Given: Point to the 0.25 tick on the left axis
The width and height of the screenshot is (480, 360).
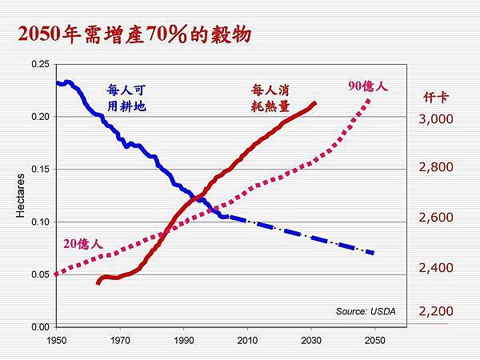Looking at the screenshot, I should [38, 64].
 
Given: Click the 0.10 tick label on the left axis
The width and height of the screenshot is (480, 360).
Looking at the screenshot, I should [38, 222].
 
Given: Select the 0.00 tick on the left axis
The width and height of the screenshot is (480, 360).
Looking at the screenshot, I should [38, 326].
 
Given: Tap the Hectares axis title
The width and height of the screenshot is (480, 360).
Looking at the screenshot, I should [21, 196].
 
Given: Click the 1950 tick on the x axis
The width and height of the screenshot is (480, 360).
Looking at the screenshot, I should [56, 340].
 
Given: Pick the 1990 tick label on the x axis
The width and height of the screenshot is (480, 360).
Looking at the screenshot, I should [183, 340].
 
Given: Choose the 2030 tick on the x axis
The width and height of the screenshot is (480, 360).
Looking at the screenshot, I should [311, 340].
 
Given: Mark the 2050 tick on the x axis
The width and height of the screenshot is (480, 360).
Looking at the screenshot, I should [374, 340].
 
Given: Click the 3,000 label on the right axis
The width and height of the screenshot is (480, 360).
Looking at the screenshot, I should [436, 119].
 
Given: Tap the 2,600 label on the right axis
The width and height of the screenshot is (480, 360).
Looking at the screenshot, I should [436, 218].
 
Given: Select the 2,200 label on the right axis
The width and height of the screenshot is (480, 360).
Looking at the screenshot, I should [436, 310].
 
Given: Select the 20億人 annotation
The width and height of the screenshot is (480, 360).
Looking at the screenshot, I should [82, 242].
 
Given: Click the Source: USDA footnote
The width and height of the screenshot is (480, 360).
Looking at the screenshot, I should [366, 310].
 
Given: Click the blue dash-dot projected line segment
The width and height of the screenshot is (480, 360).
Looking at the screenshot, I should [304, 236].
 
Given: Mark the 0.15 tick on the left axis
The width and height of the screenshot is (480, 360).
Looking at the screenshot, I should [38, 169].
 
